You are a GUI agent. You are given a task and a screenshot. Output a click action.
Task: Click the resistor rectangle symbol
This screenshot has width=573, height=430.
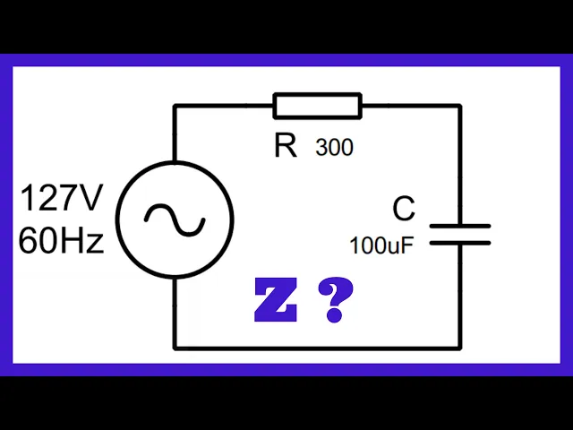click(318, 107)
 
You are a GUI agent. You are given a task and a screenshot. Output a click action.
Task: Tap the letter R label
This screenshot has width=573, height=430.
click(286, 146)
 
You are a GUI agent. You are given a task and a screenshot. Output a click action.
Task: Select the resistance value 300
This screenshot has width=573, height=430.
click(334, 148)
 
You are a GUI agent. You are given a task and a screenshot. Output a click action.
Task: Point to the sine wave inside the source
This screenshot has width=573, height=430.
click(175, 219)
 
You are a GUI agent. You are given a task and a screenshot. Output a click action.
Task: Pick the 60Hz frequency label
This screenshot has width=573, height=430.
click(61, 240)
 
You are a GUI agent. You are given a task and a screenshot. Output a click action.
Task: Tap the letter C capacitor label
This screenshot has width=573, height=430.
click(404, 210)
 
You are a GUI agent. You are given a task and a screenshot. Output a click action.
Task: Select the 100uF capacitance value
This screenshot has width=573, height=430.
click(381, 245)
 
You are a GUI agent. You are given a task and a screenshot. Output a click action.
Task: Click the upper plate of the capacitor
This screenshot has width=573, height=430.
click(460, 228)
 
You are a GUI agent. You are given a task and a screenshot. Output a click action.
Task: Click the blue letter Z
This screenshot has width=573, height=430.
click(275, 301)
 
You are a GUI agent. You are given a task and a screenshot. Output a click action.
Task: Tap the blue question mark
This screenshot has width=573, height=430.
click(335, 301)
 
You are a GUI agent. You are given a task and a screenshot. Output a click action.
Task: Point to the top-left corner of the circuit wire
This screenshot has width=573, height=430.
click(175, 107)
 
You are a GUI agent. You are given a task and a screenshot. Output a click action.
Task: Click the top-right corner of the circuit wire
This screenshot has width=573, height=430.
click(460, 107)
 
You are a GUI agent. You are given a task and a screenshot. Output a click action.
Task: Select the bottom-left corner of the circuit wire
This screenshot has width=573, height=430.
click(175, 348)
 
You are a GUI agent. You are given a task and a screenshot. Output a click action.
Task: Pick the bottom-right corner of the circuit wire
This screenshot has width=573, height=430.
click(460, 348)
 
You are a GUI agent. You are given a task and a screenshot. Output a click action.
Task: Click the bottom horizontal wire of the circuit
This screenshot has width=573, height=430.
click(318, 348)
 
